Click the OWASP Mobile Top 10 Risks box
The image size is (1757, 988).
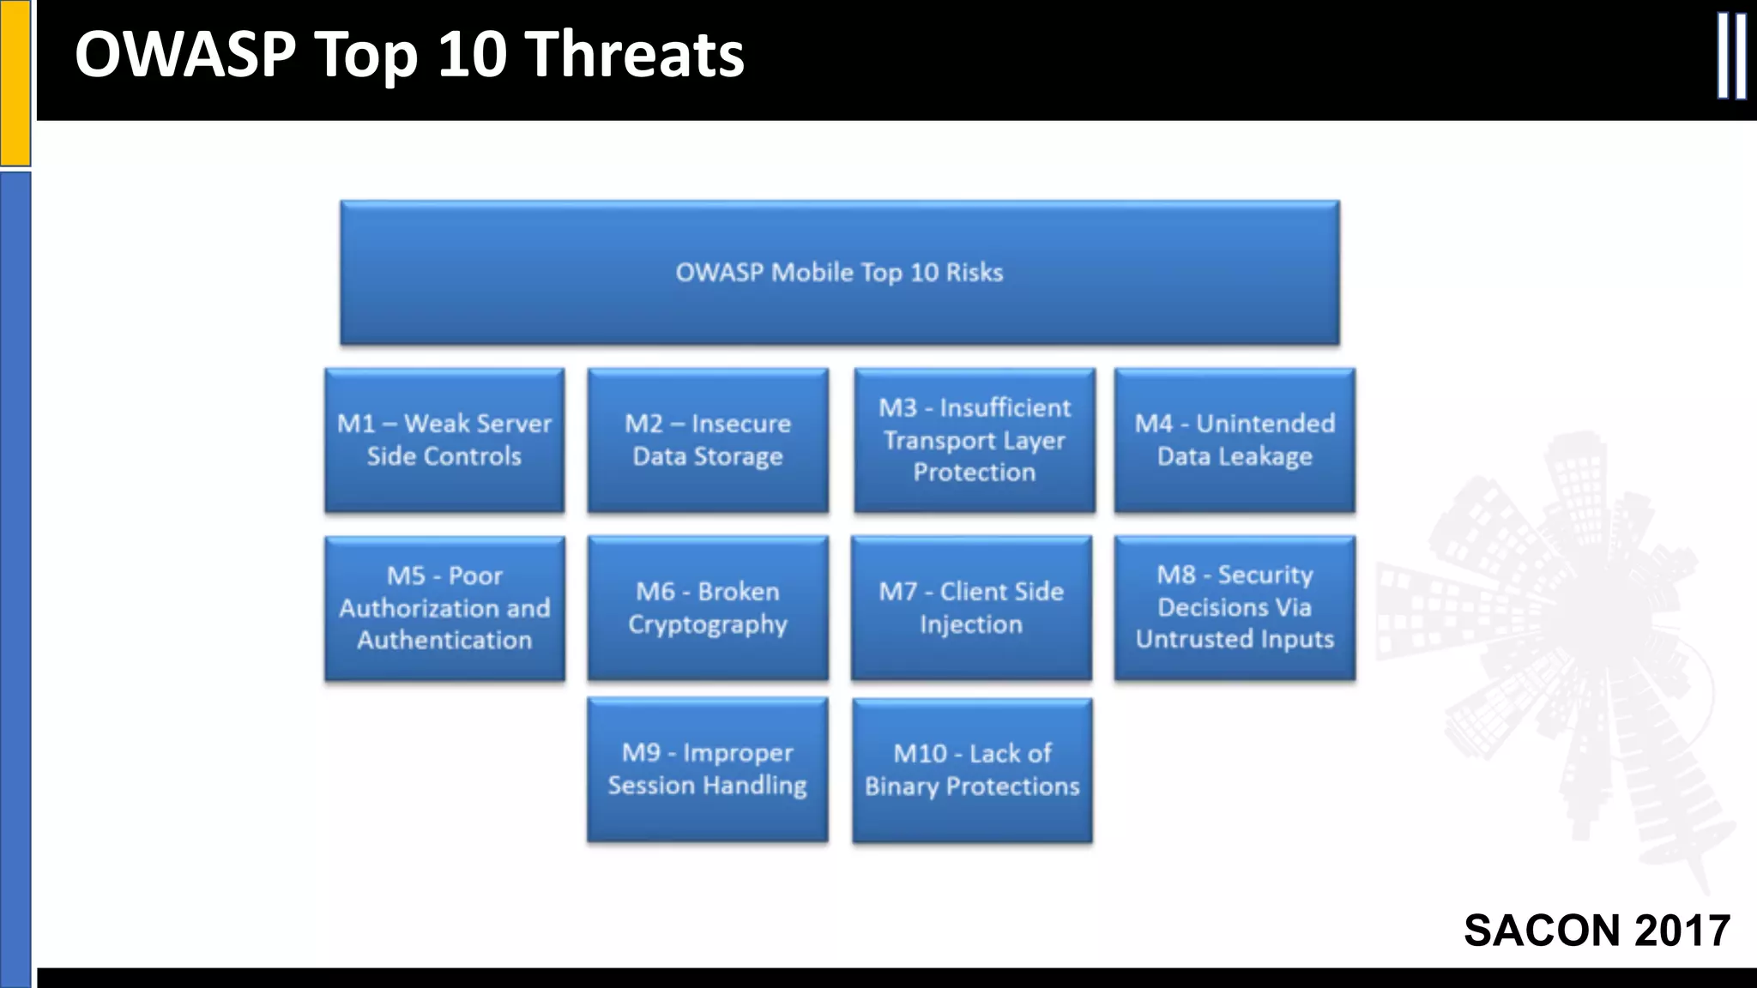839,273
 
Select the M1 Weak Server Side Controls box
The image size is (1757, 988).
444,440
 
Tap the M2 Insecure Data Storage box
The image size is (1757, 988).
708,440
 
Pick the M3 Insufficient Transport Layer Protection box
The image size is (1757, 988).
974,440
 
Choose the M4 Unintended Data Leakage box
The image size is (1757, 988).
1235,440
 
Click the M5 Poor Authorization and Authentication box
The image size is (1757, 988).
444,608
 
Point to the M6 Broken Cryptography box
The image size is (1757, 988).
708,608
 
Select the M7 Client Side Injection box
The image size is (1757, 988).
971,608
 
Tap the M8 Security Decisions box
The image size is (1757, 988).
1235,608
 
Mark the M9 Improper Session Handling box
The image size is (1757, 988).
708,769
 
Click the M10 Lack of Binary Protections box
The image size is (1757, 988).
972,770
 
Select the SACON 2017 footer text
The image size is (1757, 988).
1597,931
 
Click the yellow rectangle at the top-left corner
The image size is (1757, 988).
15,82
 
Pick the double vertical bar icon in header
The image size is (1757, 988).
1731,57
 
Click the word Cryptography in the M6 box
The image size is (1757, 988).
708,625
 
